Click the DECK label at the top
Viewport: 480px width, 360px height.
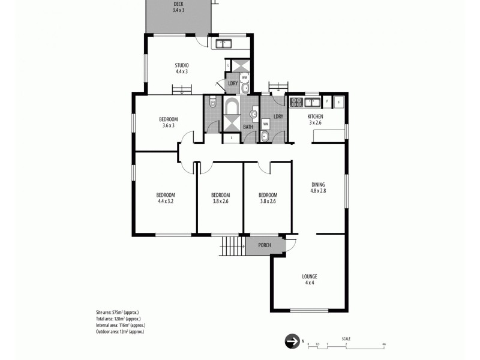click(x=178, y=8)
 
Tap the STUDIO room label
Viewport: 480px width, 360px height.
click(x=182, y=68)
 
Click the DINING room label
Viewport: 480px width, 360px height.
click(x=318, y=187)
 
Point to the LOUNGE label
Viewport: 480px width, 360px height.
click(x=309, y=280)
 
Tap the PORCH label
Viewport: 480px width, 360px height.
click(x=264, y=245)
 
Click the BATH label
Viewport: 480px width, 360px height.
click(x=248, y=127)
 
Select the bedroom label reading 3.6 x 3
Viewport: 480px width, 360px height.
click(x=168, y=122)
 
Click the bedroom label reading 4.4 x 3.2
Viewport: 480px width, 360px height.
click(x=165, y=198)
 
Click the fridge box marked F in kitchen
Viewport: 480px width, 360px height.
click(x=338, y=102)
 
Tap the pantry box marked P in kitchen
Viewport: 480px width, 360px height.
click(x=326, y=102)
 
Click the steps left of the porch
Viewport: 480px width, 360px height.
click(x=230, y=245)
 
